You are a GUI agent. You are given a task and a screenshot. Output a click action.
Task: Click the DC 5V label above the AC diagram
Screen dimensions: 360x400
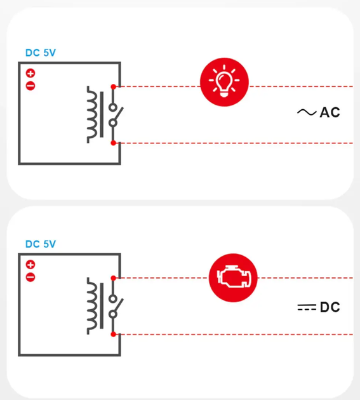click(x=41, y=53)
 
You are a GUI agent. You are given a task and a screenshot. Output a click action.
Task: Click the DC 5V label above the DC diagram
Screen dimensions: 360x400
click(x=41, y=244)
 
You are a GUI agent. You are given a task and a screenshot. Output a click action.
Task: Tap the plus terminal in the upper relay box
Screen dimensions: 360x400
click(x=30, y=74)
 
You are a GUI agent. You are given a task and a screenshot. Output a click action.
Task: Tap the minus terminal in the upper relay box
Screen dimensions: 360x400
click(x=30, y=86)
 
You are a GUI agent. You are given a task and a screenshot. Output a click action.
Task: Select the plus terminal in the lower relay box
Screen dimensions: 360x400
click(x=30, y=265)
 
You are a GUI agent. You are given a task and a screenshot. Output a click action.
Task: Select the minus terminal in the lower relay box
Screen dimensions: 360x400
click(x=30, y=277)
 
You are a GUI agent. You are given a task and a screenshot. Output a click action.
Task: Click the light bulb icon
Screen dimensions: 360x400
click(x=224, y=82)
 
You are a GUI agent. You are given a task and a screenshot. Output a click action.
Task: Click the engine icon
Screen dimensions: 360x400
click(x=233, y=278)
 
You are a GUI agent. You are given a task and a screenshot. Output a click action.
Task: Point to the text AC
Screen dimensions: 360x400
click(x=330, y=112)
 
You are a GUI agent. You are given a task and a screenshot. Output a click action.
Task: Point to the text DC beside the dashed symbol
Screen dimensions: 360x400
click(x=330, y=307)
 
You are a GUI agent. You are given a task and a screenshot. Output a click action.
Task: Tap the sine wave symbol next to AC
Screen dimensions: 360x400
click(x=307, y=112)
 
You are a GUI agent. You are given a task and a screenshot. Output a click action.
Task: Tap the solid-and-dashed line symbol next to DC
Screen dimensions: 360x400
click(x=307, y=307)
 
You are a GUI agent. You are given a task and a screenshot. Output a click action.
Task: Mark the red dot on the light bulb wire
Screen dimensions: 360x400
click(x=113, y=87)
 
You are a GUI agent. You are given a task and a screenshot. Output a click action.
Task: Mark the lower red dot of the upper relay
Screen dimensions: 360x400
click(x=113, y=143)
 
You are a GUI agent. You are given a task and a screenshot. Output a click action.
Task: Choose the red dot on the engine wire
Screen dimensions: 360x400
click(x=113, y=278)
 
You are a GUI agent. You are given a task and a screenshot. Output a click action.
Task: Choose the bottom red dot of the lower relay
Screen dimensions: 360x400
click(x=113, y=335)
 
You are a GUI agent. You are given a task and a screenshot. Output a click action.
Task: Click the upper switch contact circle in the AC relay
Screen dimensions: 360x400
click(x=113, y=107)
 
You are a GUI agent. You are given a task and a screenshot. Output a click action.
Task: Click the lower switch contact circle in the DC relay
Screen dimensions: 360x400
click(x=113, y=314)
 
